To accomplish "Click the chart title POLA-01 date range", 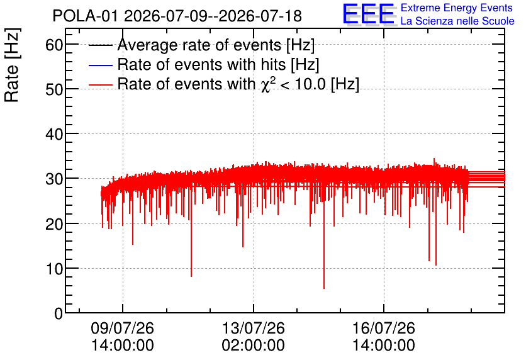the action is [x=177, y=16].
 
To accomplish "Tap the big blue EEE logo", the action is [x=369, y=14].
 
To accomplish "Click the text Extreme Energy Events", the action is [x=457, y=8].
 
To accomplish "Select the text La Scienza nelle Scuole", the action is [x=457, y=21].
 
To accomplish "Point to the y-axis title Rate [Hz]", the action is [x=12, y=65].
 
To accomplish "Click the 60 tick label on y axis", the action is [x=54, y=45].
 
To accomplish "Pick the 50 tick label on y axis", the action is [x=54, y=89].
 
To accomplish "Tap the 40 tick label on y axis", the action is [x=54, y=135].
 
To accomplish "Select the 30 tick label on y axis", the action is [x=54, y=179].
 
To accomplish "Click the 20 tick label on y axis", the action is [x=54, y=224].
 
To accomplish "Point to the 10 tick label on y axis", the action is [x=54, y=269].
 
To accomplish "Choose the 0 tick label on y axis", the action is [x=59, y=313].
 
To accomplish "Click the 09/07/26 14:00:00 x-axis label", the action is [x=123, y=336].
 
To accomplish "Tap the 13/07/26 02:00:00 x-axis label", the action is [x=254, y=336].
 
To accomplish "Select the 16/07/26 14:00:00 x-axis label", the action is [x=384, y=336].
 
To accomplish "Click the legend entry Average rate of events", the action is [x=216, y=45].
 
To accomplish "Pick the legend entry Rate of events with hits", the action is [x=218, y=64].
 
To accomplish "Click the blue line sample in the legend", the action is [x=100, y=65].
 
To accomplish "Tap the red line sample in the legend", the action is [x=100, y=84].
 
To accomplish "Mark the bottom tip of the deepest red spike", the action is [x=324, y=288].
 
